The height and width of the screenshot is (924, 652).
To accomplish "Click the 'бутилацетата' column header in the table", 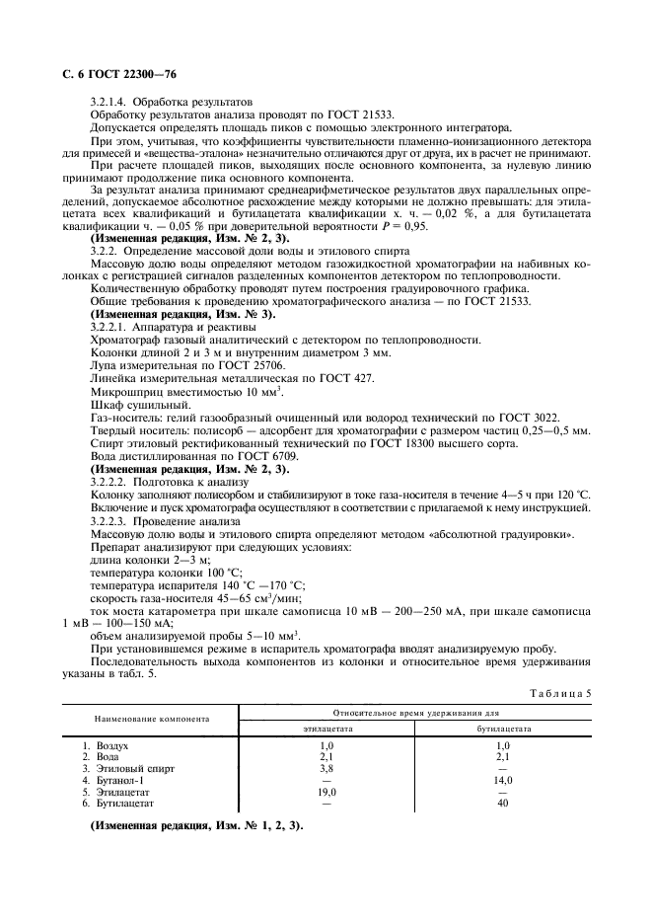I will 504,729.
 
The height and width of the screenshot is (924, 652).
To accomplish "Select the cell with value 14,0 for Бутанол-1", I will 503,780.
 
